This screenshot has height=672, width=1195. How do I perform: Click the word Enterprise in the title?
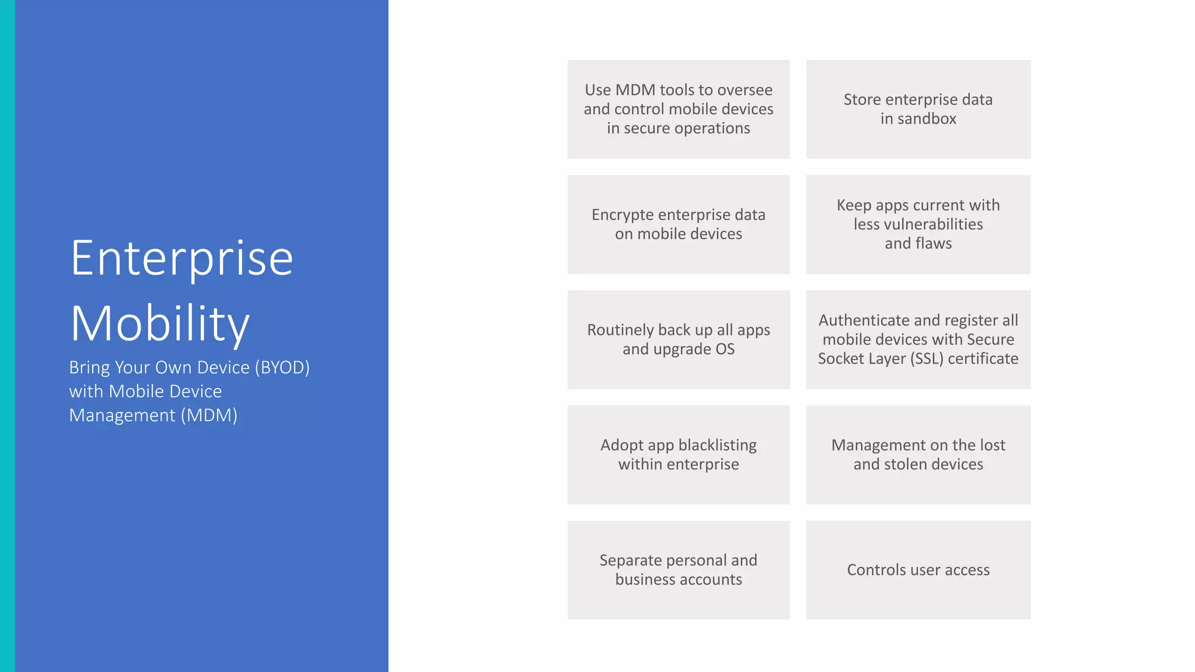(181, 259)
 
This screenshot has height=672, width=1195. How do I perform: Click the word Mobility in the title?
(160, 324)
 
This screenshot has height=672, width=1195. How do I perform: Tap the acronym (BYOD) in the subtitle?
(282, 367)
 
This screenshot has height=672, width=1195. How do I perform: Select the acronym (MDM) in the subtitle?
(208, 415)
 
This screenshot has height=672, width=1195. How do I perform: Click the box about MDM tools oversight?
(678, 109)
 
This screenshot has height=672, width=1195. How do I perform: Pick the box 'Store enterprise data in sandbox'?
(918, 109)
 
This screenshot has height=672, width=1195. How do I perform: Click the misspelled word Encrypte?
(622, 215)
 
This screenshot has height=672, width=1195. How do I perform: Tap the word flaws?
(934, 243)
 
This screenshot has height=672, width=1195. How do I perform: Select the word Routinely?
(620, 330)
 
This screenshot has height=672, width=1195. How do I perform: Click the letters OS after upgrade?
(725, 349)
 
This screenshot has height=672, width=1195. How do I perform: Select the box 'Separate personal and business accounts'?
(678, 570)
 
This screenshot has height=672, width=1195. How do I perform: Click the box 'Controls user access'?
(918, 570)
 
